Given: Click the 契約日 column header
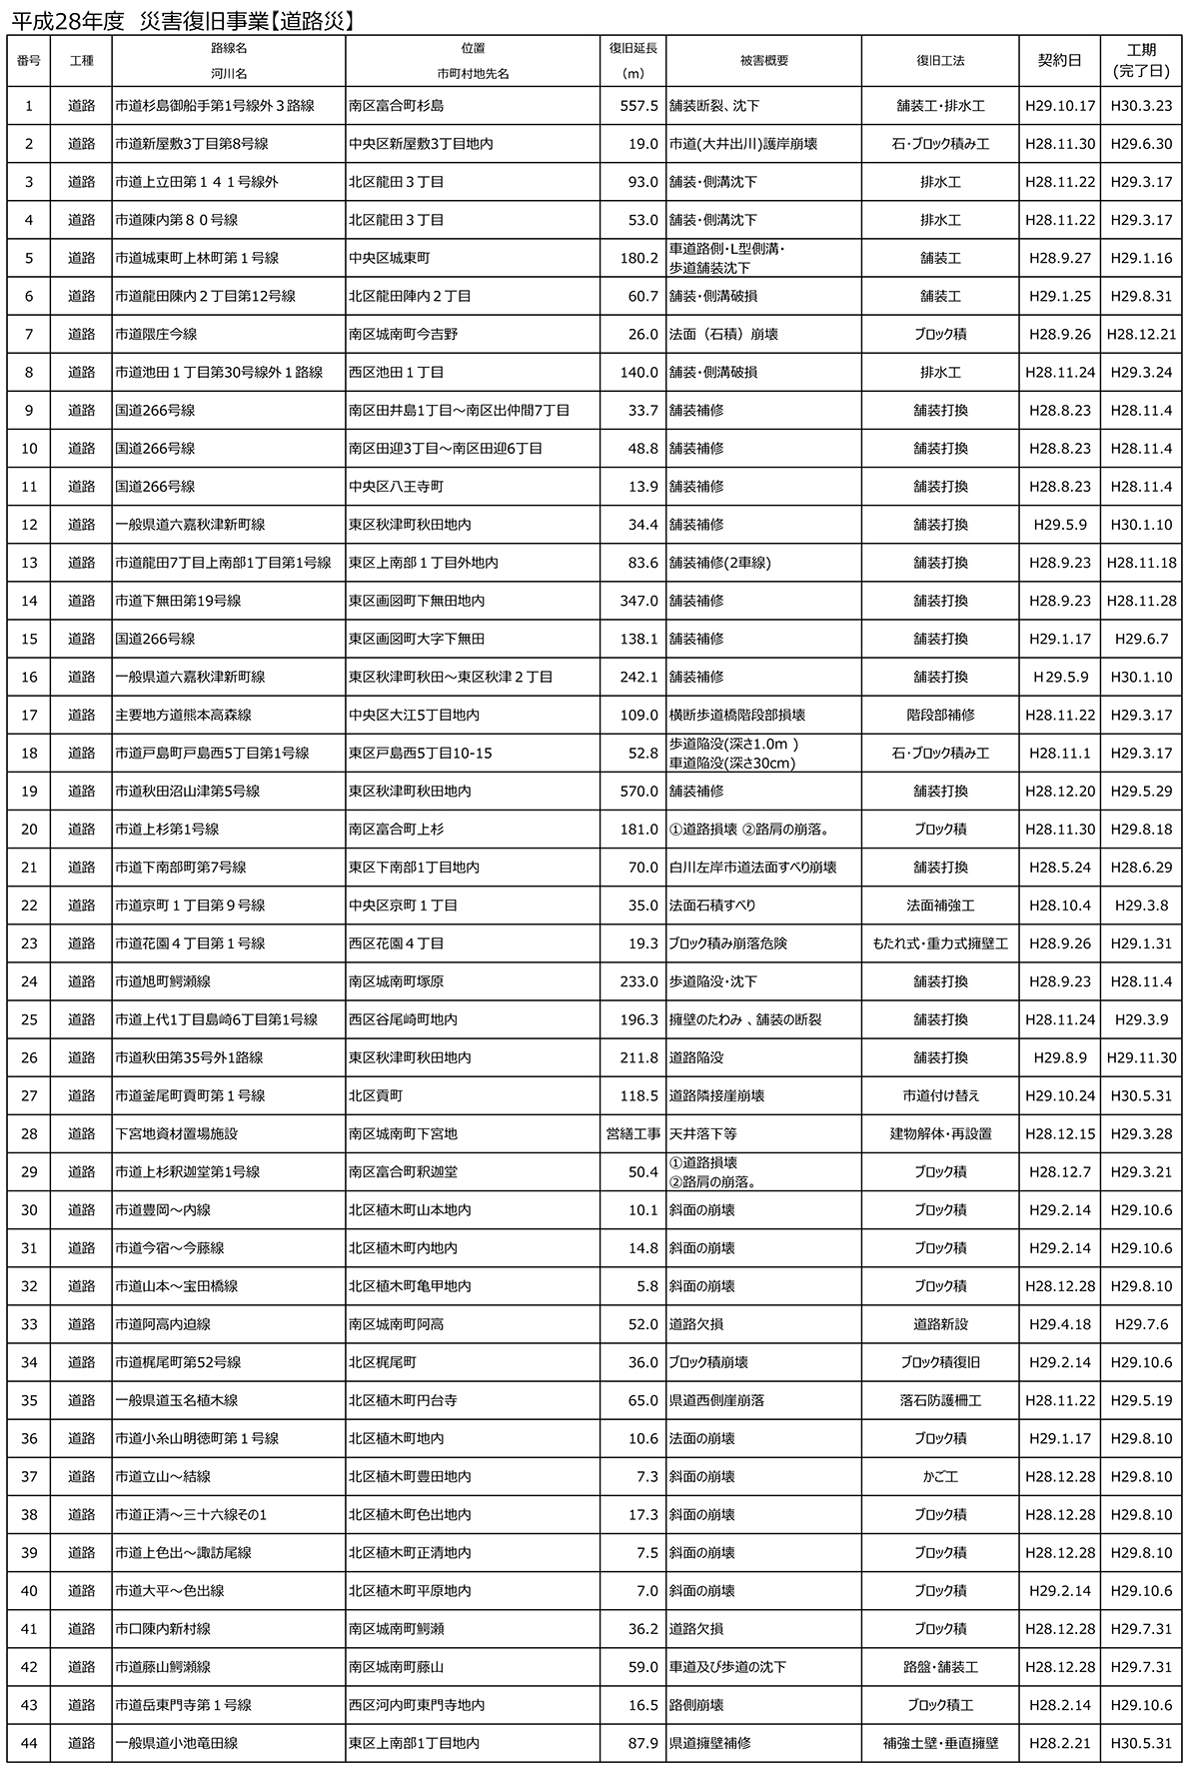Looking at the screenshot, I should [1059, 60].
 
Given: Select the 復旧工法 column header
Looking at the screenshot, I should [939, 60].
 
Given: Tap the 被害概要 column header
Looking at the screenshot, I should [763, 60].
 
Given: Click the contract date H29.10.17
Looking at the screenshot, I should [1060, 106].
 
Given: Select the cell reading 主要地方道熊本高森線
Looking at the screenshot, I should [183, 715].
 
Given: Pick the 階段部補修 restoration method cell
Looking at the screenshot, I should [939, 715].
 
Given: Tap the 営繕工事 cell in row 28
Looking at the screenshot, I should [633, 1133].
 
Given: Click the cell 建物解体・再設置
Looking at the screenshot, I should [939, 1133].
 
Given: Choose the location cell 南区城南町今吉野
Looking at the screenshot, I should [403, 334].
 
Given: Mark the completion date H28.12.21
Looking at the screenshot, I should [1141, 334].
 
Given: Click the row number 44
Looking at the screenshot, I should [29, 1742].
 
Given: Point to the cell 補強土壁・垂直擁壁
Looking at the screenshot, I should [939, 1742].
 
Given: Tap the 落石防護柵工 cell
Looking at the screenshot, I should [939, 1400].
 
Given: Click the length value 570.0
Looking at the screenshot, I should [639, 791].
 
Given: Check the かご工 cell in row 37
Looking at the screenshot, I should [939, 1476].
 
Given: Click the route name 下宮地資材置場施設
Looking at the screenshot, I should [176, 1133].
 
